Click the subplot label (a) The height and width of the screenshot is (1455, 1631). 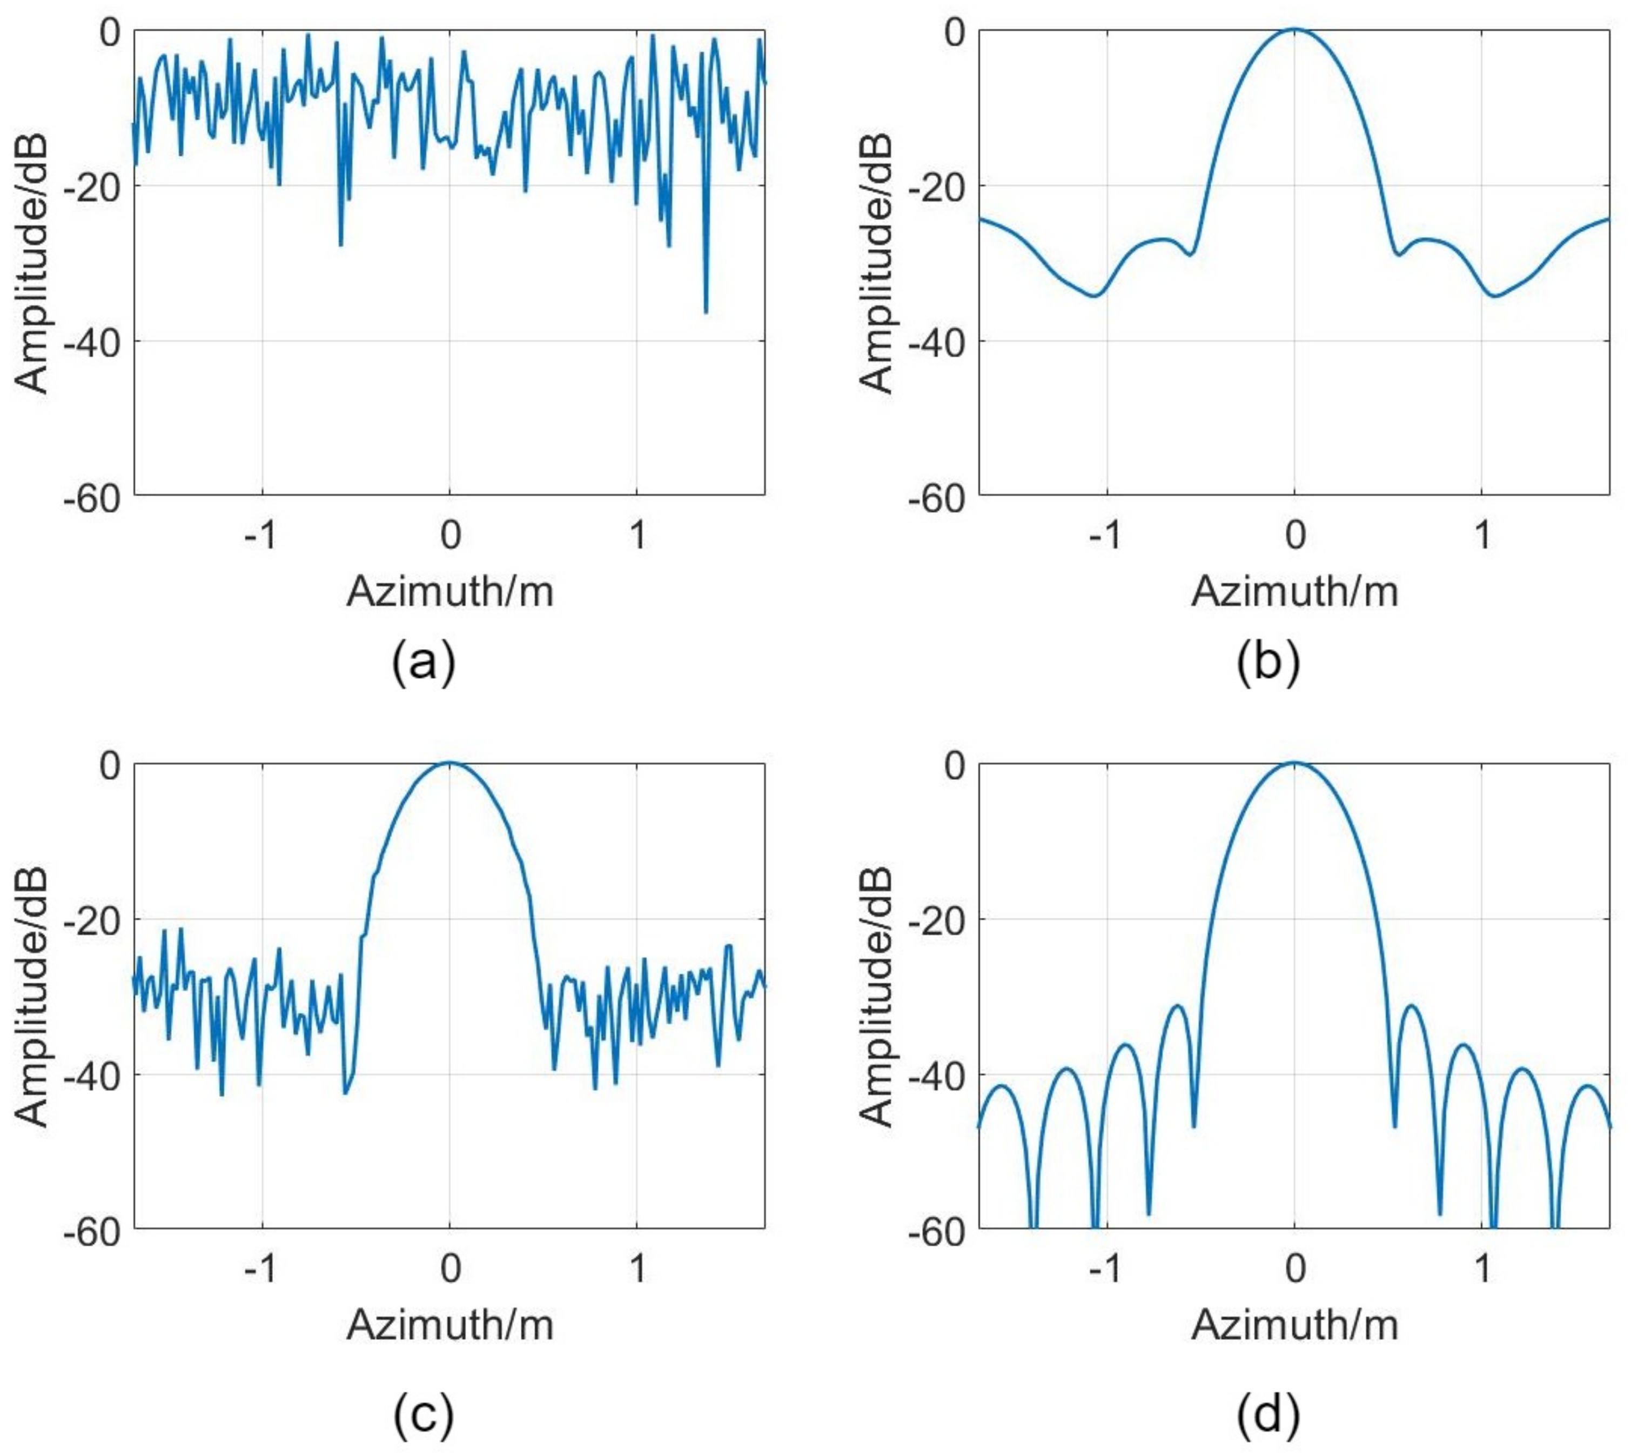click(424, 662)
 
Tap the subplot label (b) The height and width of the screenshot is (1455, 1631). click(1268, 662)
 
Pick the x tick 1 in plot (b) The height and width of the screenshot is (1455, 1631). click(1482, 535)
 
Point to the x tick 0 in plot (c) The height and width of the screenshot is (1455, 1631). click(450, 1269)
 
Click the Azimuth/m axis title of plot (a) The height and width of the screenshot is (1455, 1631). click(450, 592)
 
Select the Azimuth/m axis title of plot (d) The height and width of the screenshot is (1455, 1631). click(1294, 1325)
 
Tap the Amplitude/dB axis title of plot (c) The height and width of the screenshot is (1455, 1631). click(32, 998)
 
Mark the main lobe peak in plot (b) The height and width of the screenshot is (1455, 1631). click(1294, 30)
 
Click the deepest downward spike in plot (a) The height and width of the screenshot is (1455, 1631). click(706, 312)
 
